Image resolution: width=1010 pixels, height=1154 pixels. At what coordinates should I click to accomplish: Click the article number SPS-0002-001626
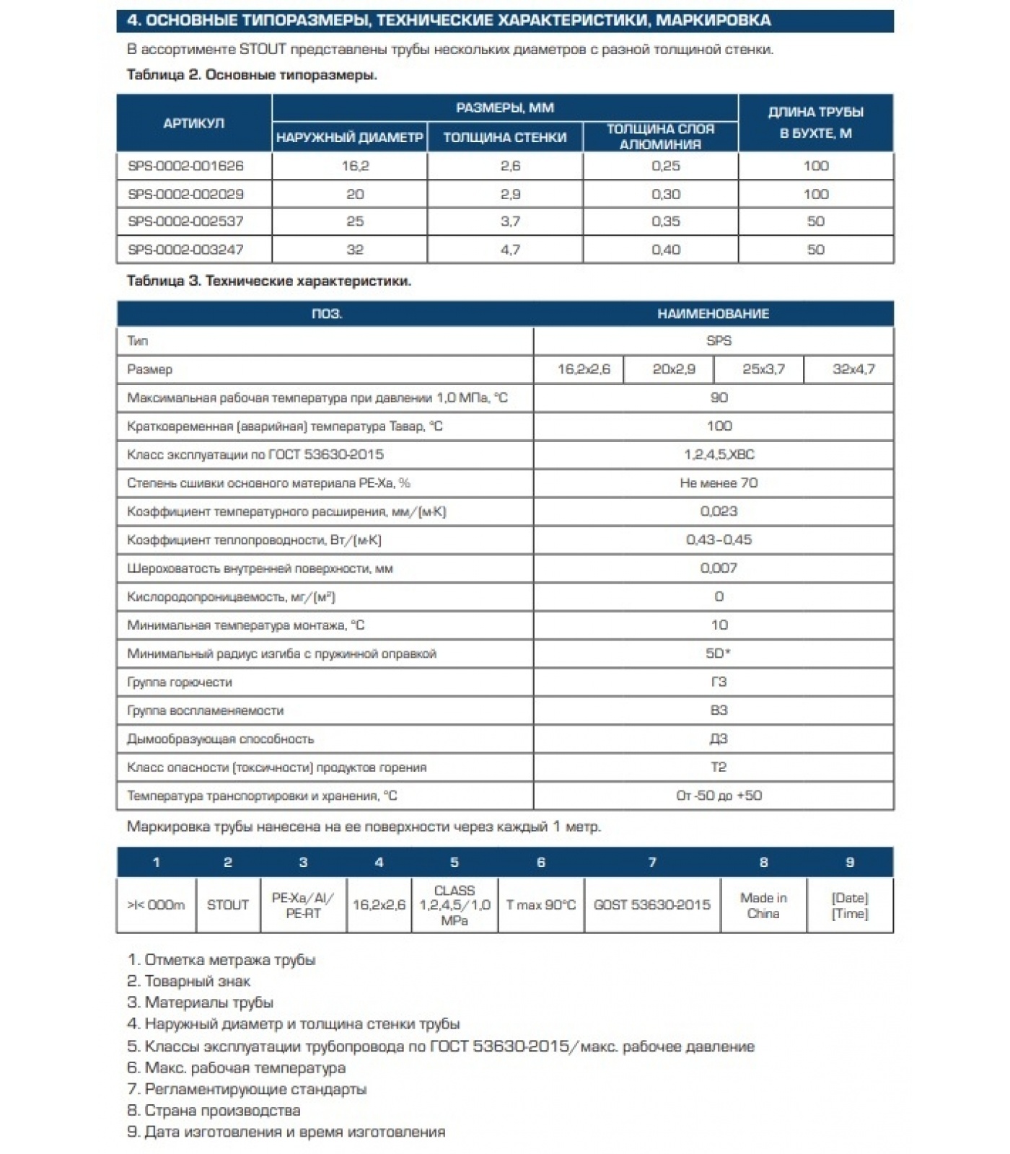185,166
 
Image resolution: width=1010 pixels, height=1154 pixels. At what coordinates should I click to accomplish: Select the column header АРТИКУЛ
193,123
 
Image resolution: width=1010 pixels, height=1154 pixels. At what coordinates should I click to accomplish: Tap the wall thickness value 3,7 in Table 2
510,221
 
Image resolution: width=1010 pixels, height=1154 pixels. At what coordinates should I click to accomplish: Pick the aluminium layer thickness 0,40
665,250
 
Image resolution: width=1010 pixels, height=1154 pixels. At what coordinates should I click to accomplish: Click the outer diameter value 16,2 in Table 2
355,166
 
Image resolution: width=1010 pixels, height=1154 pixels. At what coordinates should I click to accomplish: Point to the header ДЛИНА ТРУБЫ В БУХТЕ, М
815,123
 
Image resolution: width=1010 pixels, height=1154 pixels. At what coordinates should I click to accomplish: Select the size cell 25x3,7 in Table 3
763,369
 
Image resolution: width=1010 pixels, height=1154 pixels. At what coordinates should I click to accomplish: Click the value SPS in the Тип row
719,340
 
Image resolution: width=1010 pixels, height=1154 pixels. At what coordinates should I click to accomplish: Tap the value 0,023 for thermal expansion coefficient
719,511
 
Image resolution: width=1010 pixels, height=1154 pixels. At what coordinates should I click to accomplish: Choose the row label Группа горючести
180,682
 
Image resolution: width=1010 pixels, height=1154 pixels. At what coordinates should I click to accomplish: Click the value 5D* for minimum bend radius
718,653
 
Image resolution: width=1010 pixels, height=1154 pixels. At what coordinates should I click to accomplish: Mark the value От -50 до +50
719,796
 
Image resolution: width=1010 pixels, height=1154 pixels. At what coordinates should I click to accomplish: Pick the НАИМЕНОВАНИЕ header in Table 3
713,314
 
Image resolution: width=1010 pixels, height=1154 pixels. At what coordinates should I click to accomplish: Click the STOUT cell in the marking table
227,905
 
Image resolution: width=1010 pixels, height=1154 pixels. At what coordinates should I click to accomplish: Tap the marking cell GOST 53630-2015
651,905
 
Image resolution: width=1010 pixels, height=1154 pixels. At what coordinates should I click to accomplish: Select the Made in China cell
763,906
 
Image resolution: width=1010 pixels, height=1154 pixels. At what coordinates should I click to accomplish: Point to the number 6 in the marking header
540,863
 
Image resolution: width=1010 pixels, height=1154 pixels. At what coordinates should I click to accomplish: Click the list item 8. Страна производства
214,1111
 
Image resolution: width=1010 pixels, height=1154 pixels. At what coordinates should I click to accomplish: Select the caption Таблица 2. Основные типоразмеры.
252,75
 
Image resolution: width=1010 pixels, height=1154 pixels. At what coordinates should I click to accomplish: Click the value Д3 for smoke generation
719,739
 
